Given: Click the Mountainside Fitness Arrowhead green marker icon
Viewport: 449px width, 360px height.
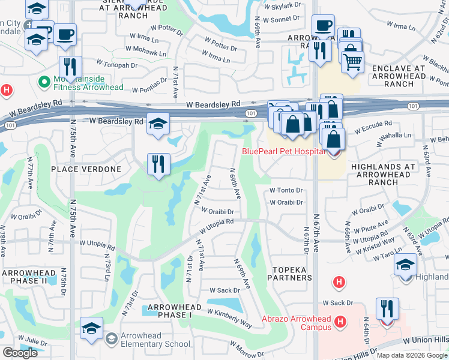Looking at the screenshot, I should (43, 81).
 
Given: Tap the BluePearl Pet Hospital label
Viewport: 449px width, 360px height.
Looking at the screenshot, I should (280, 151).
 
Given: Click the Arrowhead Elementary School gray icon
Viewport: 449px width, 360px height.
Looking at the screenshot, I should (111, 339).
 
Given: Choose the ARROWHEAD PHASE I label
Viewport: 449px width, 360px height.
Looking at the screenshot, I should (170, 311).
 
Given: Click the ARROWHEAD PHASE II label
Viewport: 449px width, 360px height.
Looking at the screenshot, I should (25, 277).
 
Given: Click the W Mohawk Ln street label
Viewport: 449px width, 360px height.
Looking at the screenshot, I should (145, 50).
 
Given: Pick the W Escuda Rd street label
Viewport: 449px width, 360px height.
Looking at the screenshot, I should (373, 130).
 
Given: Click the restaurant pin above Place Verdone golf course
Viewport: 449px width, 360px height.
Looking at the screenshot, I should (158, 164).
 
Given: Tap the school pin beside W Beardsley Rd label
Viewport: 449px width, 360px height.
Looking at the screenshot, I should (158, 124).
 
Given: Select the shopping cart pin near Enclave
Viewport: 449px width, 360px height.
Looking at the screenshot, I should (352, 61).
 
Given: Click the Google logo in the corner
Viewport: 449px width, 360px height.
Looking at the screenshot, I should (20, 353).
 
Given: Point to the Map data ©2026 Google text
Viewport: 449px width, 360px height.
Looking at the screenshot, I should (411, 355).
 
